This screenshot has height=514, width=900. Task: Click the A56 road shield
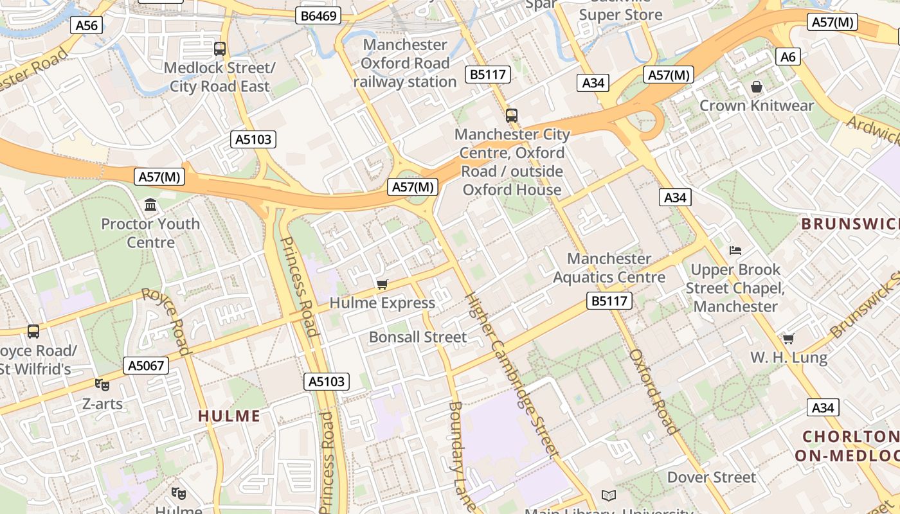[x=87, y=25]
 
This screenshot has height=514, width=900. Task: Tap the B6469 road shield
[x=318, y=15]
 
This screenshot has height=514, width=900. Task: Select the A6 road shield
[x=788, y=57]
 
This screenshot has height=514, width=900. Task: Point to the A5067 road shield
[x=147, y=366]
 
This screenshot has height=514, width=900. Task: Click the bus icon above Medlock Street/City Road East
[x=220, y=48]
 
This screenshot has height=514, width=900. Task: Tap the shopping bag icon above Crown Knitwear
[x=757, y=87]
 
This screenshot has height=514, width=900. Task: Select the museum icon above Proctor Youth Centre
[x=150, y=205]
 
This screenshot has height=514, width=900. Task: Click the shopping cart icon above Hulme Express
[x=382, y=284]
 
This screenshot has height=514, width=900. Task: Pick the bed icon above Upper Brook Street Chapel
[x=735, y=250]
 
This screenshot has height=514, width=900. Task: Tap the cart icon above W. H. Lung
[x=788, y=338]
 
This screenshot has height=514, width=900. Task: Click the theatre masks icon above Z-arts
[x=102, y=385]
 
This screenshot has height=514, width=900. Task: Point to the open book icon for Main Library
[x=608, y=495]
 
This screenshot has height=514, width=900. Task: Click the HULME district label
[x=229, y=416]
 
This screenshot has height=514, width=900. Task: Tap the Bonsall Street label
[x=418, y=337]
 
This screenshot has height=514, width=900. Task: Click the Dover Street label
[x=712, y=477]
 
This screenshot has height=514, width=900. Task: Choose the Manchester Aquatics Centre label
[x=609, y=268]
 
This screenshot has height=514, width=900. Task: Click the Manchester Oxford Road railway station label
[x=405, y=63]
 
